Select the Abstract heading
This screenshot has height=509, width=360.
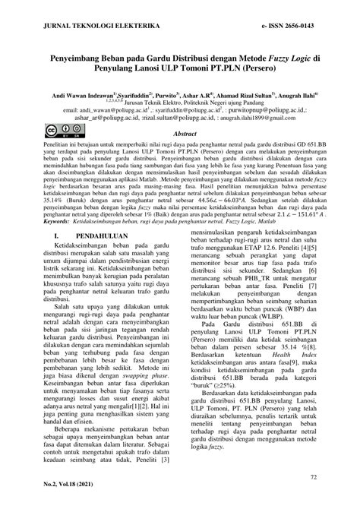coord(185,134)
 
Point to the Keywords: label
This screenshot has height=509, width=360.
coord(59,201)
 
